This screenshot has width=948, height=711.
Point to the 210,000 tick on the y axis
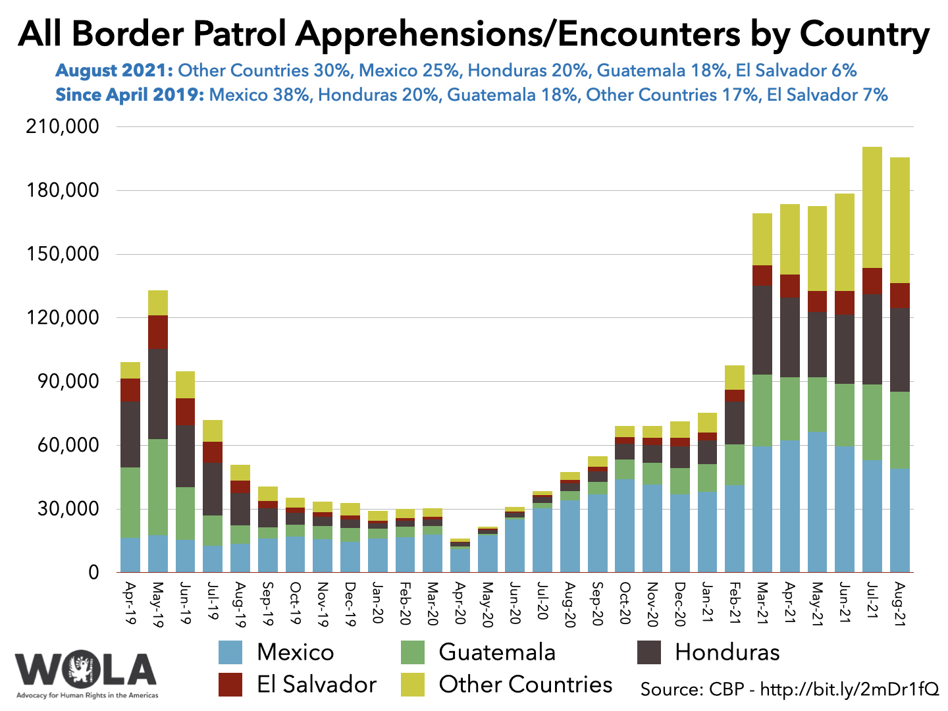coord(63,126)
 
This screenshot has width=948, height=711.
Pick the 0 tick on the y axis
coord(93,572)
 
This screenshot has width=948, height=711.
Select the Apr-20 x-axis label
coord(460,602)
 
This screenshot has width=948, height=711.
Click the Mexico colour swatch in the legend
coord(230,652)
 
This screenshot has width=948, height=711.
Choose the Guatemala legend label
coord(497,652)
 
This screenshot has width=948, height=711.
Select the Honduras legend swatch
coord(649,652)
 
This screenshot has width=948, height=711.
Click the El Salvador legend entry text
coord(317,685)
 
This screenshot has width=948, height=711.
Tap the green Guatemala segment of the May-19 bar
coord(158,487)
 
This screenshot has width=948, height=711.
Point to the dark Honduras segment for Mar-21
coord(762,330)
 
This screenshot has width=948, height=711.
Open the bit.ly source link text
coord(849,689)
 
